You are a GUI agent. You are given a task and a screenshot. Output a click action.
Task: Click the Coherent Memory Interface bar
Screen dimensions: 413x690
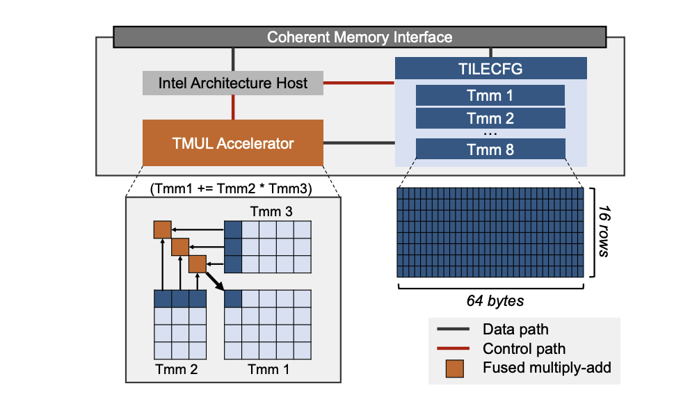[360, 37]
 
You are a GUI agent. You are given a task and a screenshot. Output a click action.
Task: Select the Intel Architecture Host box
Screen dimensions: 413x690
[233, 83]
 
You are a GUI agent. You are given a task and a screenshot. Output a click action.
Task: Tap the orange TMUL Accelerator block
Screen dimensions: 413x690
[233, 144]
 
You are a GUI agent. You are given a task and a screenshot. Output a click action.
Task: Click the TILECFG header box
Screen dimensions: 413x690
[490, 69]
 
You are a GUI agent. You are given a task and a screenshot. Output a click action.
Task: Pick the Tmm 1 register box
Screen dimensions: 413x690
[490, 96]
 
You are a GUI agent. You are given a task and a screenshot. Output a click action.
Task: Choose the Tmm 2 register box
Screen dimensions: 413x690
[490, 118]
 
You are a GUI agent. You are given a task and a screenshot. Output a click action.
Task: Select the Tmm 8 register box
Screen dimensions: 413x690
[490, 148]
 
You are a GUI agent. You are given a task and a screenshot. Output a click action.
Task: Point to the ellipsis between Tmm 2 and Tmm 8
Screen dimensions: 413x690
[490, 132]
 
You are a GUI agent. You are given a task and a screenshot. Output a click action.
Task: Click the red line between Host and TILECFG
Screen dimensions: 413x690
[360, 83]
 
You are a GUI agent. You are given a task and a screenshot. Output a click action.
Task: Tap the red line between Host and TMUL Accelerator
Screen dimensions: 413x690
[233, 107]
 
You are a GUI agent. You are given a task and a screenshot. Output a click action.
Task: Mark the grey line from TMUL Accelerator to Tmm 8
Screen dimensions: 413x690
[359, 144]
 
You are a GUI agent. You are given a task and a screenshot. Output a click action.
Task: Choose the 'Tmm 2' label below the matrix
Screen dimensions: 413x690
[177, 369]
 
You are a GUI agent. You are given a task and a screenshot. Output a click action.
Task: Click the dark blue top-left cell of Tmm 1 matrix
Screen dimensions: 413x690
[233, 298]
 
